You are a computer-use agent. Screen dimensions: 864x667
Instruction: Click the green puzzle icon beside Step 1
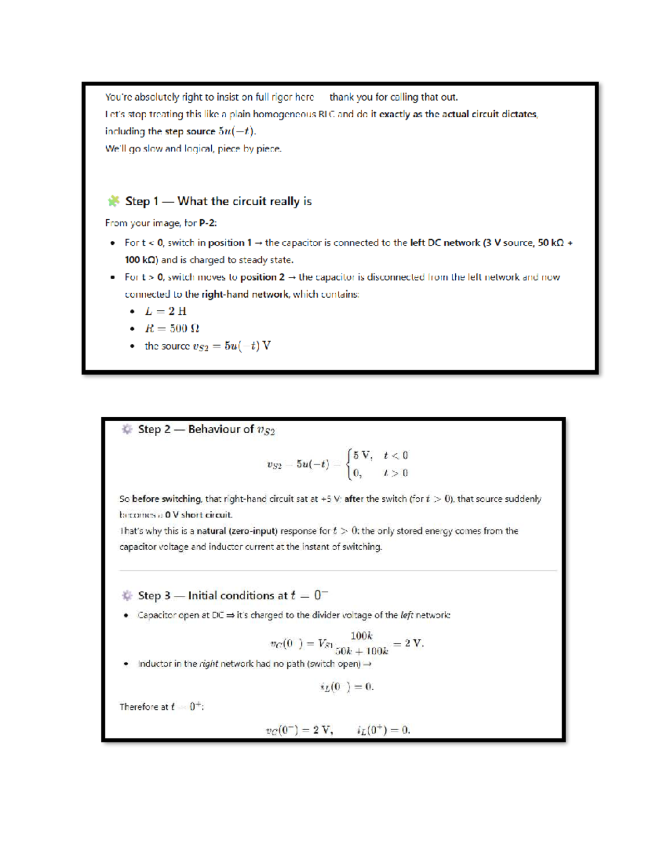pos(113,201)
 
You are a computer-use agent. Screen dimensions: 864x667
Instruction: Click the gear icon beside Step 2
pos(127,429)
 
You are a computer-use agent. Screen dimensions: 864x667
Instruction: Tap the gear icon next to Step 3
pos(127,595)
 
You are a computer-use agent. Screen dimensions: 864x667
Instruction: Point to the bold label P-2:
pos(208,223)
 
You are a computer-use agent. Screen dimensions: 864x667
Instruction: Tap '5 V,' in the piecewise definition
pos(362,455)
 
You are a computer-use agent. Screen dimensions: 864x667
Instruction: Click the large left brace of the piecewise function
pos(349,464)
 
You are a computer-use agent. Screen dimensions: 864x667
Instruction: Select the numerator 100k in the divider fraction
pos(361,635)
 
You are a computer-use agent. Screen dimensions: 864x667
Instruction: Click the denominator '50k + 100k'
pos(361,651)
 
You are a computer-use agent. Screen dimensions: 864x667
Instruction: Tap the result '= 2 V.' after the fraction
pos(409,643)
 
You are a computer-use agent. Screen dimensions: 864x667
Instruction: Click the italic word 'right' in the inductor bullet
pos(208,664)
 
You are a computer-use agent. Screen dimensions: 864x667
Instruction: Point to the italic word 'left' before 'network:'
pos(407,615)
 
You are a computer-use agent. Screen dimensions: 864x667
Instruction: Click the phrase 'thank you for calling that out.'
pos(394,97)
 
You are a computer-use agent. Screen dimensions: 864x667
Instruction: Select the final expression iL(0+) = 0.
pos(384,730)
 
